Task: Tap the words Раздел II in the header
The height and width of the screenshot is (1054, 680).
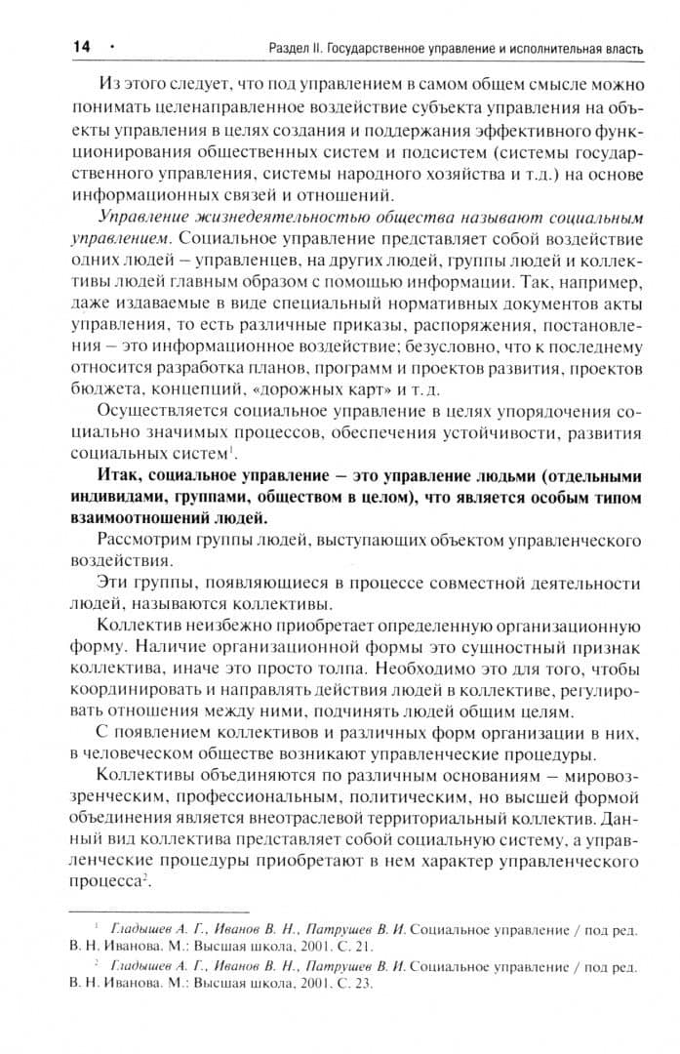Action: (297, 47)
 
